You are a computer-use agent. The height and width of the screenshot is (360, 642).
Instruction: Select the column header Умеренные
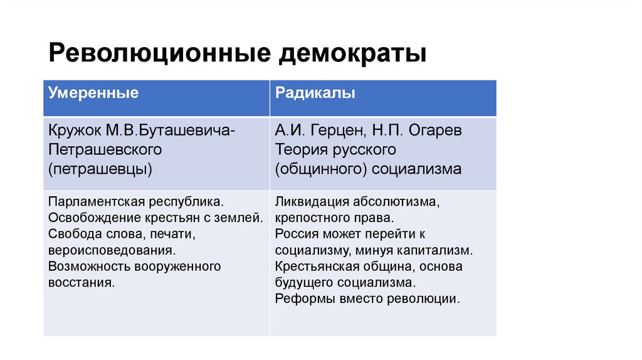pyautogui.click(x=93, y=93)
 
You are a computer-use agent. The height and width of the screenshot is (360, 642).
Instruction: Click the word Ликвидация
pyautogui.click(x=307, y=203)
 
